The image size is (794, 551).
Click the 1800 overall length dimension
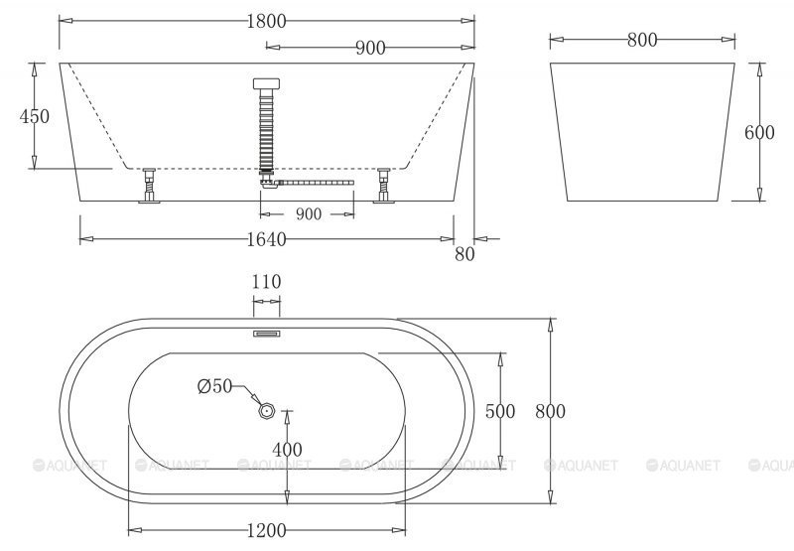(267, 20)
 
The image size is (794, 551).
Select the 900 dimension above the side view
(369, 48)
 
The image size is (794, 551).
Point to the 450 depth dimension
(34, 116)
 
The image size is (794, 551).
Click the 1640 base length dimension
(266, 239)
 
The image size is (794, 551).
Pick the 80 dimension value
(464, 253)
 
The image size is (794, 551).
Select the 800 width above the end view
(642, 40)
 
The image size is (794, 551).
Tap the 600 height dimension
(759, 134)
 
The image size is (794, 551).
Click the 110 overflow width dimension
(266, 282)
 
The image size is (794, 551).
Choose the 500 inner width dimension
(500, 409)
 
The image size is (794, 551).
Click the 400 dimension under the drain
(288, 450)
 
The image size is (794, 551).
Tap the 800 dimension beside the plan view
(551, 410)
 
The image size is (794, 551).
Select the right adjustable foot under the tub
(384, 186)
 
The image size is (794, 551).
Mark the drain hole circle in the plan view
(265, 408)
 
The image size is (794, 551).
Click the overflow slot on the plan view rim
(266, 335)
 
